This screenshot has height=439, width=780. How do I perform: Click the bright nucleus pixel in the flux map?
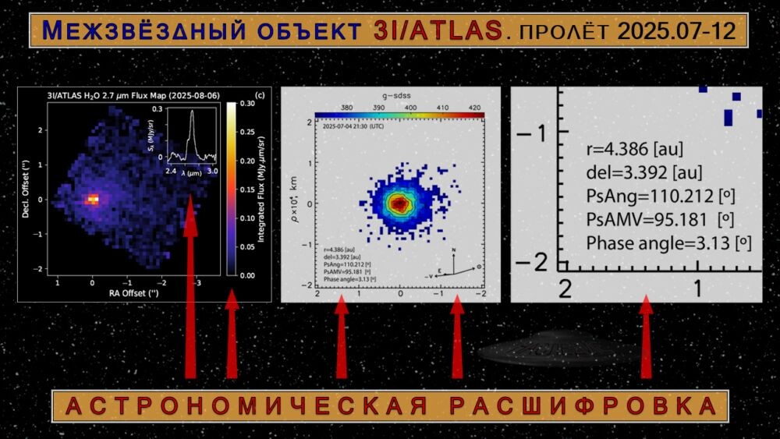point(93,200)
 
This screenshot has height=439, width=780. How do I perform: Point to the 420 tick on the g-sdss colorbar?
point(475,108)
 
